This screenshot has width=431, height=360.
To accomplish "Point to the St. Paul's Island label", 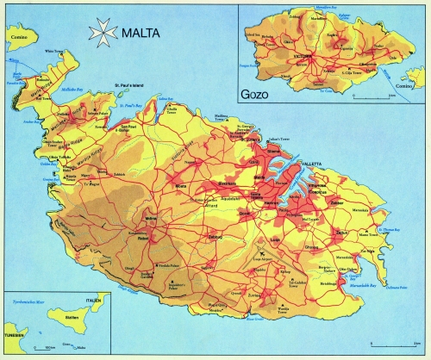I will (132, 84).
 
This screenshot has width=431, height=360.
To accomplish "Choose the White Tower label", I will (53, 52).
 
